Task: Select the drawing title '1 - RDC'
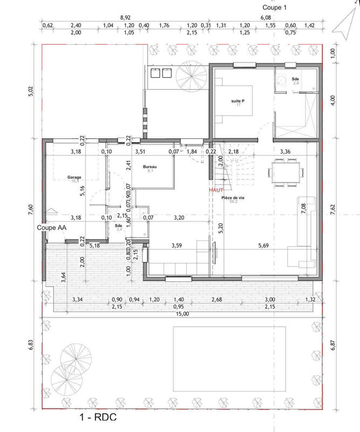[98, 417]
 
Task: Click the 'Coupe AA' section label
[51, 228]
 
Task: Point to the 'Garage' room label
[74, 177]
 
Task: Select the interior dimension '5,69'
[263, 246]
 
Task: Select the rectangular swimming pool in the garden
[229, 359]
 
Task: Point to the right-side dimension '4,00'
[333, 100]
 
